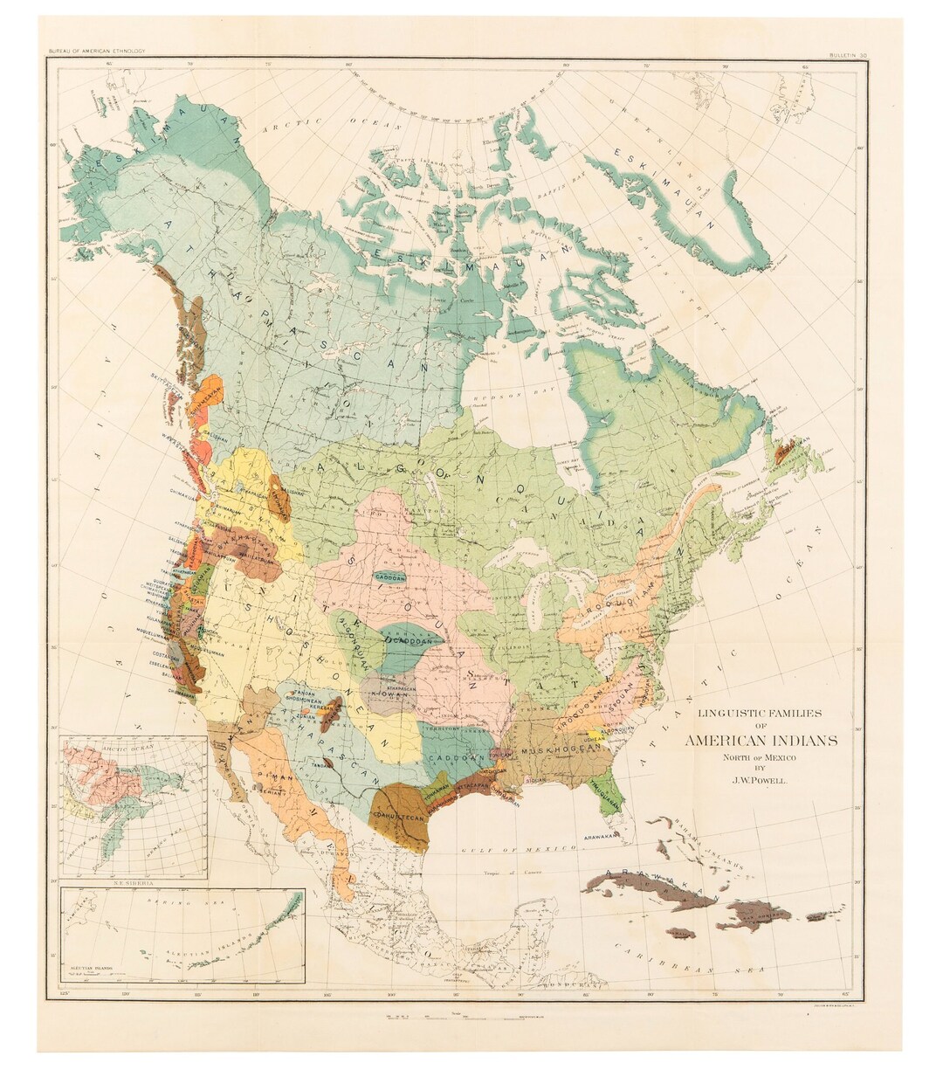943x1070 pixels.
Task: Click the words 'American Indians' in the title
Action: tap(761, 741)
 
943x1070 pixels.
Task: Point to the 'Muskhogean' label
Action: tap(551, 750)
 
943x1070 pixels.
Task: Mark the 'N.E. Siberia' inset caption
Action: tap(133, 884)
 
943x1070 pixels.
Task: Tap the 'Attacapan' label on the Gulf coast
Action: tap(475, 785)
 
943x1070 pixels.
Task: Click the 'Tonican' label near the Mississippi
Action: tap(499, 754)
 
